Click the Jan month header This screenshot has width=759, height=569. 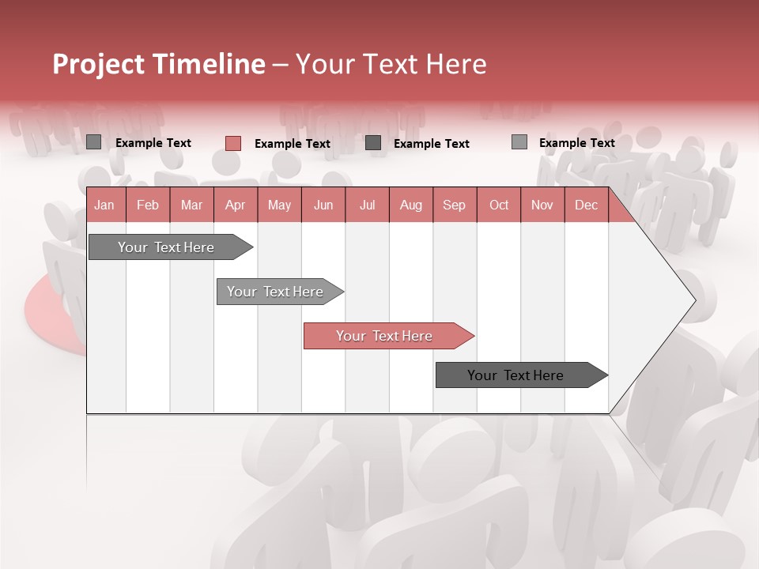click(x=104, y=205)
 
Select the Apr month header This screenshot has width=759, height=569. click(x=236, y=205)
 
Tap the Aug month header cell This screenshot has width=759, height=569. click(x=411, y=205)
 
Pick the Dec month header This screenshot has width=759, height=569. click(x=587, y=205)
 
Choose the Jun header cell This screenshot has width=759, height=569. click(x=323, y=205)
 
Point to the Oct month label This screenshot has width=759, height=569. click(x=499, y=205)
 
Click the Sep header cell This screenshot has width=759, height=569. click(x=455, y=205)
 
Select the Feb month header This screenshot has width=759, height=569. click(x=148, y=205)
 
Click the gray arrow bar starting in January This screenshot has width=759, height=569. click(x=166, y=247)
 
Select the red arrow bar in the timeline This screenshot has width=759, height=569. click(x=385, y=336)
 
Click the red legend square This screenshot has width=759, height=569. click(x=232, y=143)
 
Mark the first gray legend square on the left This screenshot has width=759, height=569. click(x=93, y=142)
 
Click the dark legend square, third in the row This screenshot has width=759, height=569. click(x=373, y=142)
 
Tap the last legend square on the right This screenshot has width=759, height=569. click(x=519, y=142)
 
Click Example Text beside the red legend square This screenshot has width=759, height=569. click(x=292, y=144)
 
